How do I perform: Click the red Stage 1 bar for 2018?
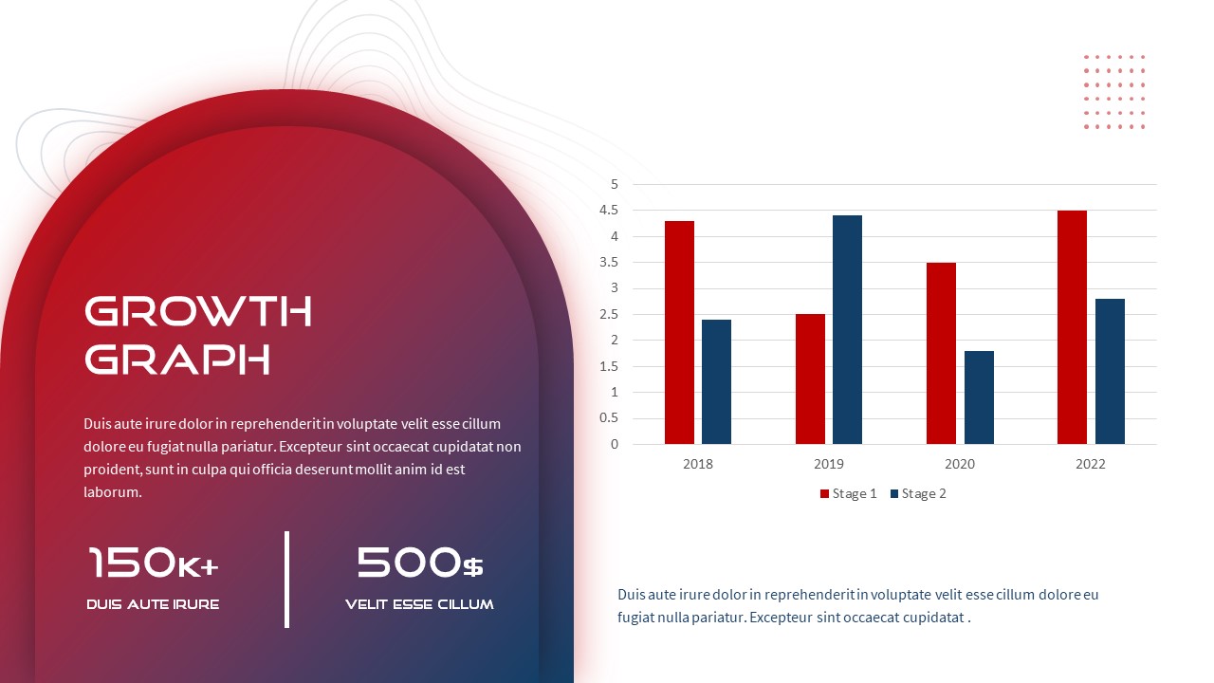pyautogui.click(x=679, y=332)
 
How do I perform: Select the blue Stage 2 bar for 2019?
pyautogui.click(x=847, y=329)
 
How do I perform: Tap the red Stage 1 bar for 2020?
pyautogui.click(x=942, y=354)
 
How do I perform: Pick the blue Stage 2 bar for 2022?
pyautogui.click(x=1110, y=371)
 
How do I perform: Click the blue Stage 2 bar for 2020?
pyautogui.click(x=979, y=397)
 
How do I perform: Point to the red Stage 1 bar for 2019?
pyautogui.click(x=810, y=378)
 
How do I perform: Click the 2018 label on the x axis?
pyautogui.click(x=697, y=464)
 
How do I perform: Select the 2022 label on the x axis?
pyautogui.click(x=1091, y=464)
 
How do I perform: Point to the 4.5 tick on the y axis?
pyautogui.click(x=609, y=211)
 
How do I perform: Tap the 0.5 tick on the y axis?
pyautogui.click(x=609, y=418)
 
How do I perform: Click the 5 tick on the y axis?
pyautogui.click(x=614, y=184)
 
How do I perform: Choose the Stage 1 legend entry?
pyautogui.click(x=849, y=494)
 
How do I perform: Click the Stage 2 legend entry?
pyautogui.click(x=919, y=494)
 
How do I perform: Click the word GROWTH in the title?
pyautogui.click(x=198, y=311)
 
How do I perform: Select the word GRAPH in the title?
pyautogui.click(x=177, y=359)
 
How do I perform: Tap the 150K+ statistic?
pyautogui.click(x=154, y=563)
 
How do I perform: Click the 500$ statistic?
pyautogui.click(x=419, y=563)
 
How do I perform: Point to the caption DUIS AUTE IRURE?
pyautogui.click(x=153, y=604)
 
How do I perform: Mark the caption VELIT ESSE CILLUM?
pyautogui.click(x=419, y=604)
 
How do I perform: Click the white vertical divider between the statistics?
pyautogui.click(x=286, y=580)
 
